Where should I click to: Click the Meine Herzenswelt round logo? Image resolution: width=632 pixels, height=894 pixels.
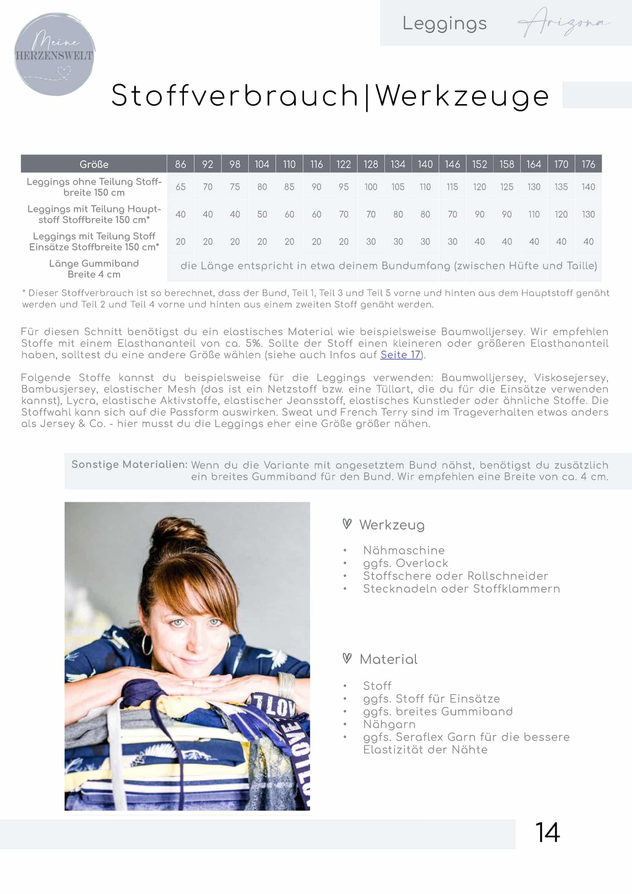54,54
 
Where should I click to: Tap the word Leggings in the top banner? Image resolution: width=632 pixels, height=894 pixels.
444,24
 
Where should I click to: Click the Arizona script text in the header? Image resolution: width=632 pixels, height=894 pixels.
564,23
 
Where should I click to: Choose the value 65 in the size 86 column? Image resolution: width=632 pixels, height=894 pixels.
180,187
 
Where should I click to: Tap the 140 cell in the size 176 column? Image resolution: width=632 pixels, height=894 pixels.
588,187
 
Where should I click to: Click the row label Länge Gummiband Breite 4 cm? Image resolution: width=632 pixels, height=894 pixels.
94,269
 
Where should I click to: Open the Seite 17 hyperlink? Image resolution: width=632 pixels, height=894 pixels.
400,355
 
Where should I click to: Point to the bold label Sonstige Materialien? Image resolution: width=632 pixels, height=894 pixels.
129,464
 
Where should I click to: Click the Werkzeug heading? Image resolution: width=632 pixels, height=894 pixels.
392,525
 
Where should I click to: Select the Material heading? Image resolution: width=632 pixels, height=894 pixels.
388,659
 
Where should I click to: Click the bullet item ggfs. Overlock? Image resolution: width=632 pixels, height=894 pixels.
405,563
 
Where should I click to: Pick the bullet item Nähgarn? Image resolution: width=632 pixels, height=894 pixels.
389,724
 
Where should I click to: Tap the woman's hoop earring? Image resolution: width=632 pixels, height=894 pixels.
147,644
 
